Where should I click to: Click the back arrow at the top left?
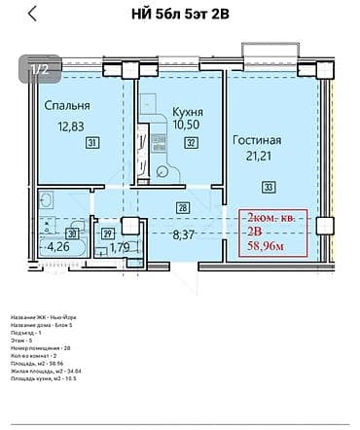34,14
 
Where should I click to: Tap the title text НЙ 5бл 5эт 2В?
179,14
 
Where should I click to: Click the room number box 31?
92,143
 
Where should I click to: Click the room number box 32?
191,143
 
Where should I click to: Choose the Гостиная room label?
258,140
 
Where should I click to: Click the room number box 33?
269,187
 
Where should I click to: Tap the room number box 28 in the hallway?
182,206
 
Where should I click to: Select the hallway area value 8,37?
185,234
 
